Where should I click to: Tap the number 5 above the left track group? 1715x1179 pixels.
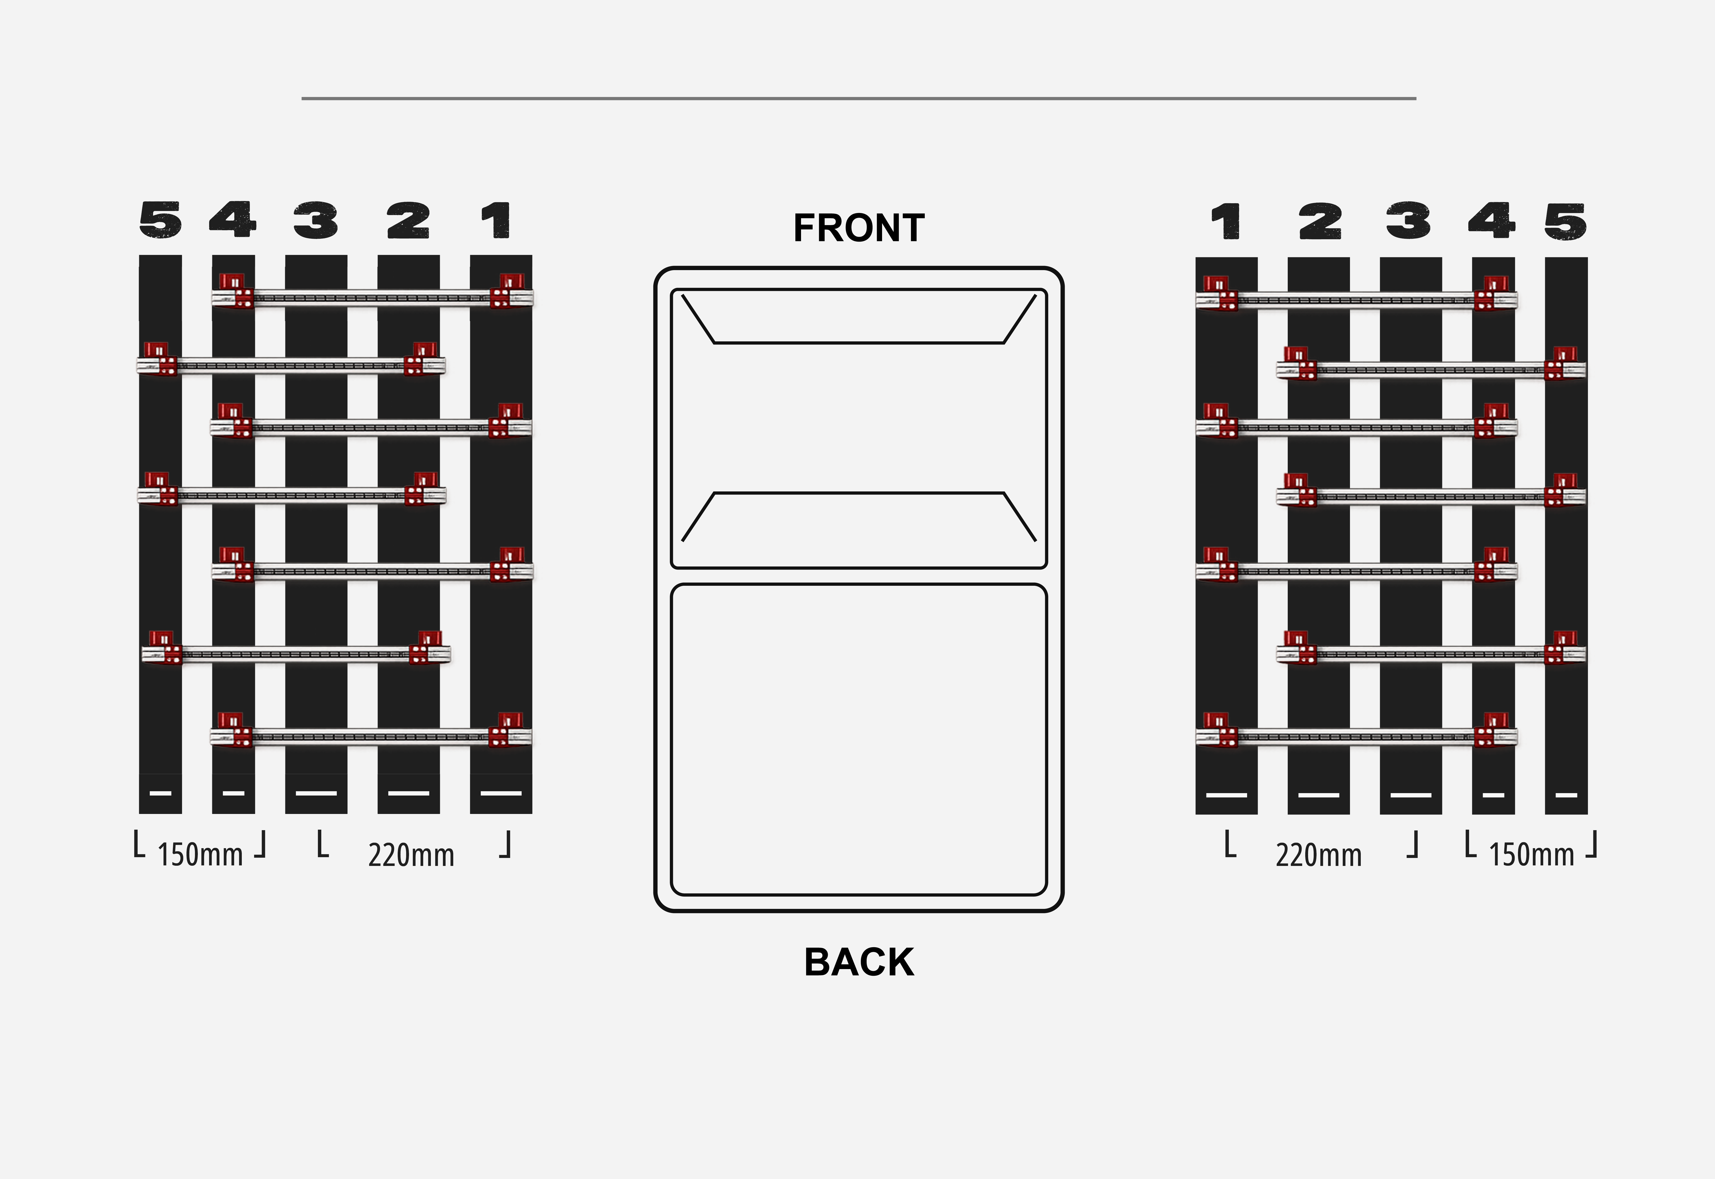[160, 220]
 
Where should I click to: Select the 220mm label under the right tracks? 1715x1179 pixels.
[1318, 855]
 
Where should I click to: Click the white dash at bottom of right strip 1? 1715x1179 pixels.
[1226, 795]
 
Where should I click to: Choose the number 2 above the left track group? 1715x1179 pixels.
[408, 220]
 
